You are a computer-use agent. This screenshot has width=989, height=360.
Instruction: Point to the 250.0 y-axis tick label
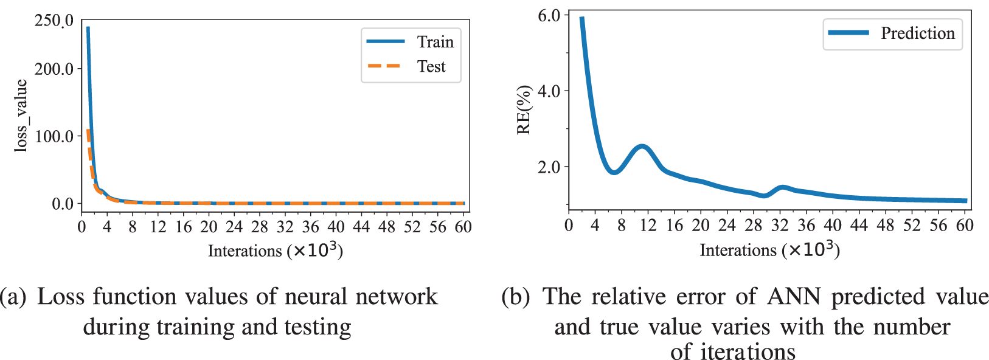pyautogui.click(x=54, y=21)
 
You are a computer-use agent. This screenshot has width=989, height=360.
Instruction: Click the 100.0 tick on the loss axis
pyautogui.click(x=54, y=136)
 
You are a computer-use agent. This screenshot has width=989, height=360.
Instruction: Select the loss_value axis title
pyautogui.click(x=21, y=116)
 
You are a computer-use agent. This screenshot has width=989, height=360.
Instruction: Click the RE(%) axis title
pyautogui.click(x=524, y=110)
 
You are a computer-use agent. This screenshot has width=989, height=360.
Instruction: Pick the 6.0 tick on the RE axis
pyautogui.click(x=549, y=16)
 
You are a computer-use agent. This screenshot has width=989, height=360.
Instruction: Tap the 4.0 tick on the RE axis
pyautogui.click(x=549, y=91)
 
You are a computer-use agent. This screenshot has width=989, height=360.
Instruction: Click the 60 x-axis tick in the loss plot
pyautogui.click(x=463, y=227)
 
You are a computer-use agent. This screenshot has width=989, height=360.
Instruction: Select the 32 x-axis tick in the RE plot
pyautogui.click(x=780, y=226)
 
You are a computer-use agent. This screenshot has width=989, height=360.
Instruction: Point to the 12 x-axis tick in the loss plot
pyautogui.click(x=158, y=227)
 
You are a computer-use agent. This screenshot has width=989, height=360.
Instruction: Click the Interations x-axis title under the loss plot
pyautogui.click(x=275, y=251)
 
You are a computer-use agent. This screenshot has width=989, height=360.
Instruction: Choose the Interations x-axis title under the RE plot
pyautogui.click(x=769, y=250)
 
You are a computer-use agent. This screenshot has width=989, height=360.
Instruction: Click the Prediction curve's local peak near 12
pyautogui.click(x=642, y=147)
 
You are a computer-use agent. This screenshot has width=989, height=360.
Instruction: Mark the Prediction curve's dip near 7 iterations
pyautogui.click(x=614, y=172)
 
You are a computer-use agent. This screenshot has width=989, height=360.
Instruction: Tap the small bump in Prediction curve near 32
pyautogui.click(x=782, y=187)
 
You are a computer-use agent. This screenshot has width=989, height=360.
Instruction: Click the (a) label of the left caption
pyautogui.click(x=13, y=297)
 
